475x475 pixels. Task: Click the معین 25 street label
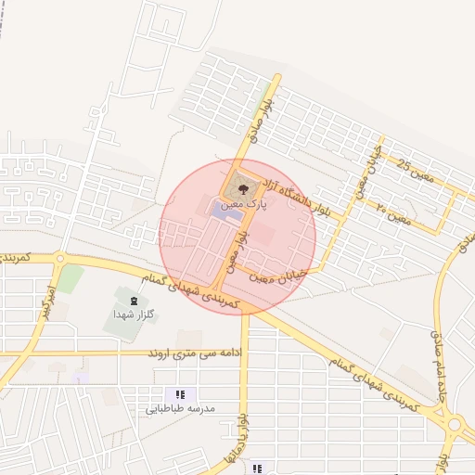click(416, 168)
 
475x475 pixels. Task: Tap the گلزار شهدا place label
click(130, 315)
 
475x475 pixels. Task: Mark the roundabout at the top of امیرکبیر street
click(59, 259)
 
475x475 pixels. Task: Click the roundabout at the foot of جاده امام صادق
click(455, 426)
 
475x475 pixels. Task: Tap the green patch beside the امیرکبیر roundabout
click(71, 277)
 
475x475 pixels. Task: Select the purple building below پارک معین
click(223, 212)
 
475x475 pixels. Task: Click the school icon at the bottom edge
click(257, 469)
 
